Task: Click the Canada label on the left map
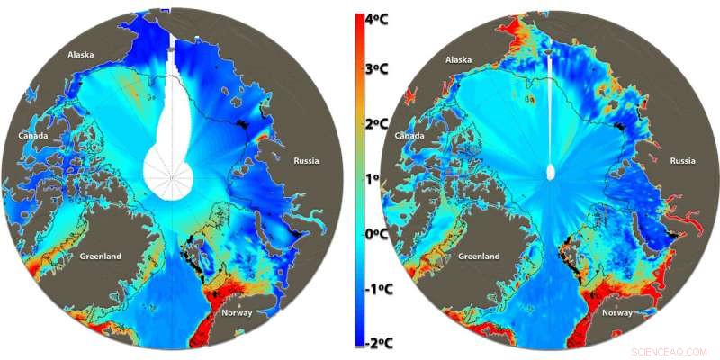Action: [x=34, y=136]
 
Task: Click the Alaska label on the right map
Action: [x=459, y=59]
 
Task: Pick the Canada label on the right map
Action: [x=409, y=136]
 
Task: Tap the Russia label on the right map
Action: [x=683, y=161]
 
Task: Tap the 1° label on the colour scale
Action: [x=378, y=180]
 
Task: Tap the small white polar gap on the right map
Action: [x=552, y=173]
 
